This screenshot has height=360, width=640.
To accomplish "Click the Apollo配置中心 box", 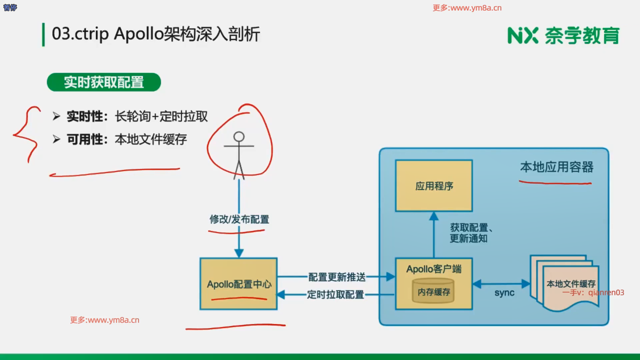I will (x=238, y=284).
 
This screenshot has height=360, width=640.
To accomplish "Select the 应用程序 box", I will (x=434, y=186).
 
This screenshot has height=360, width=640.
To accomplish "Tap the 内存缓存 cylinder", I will (x=434, y=291).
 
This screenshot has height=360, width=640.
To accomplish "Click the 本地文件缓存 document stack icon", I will (x=565, y=283).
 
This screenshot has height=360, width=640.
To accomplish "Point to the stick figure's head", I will (x=239, y=137).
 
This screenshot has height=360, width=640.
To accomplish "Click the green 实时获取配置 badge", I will (x=104, y=82).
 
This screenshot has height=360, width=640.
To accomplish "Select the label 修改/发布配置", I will (x=239, y=219).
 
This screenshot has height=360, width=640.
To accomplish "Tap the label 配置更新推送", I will (x=337, y=277).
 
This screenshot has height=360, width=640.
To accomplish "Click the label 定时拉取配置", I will (x=335, y=295).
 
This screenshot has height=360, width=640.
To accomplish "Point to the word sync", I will (x=504, y=293).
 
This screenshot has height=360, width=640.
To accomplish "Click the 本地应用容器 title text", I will (x=557, y=167).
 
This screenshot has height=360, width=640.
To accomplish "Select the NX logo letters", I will (x=523, y=36).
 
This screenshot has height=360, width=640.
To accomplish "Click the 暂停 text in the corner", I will (x=10, y=7).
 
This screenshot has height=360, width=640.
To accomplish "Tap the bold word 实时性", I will (x=85, y=116).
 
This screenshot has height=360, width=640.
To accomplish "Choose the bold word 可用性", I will (x=85, y=139).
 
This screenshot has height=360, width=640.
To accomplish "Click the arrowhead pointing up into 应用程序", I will (x=434, y=216).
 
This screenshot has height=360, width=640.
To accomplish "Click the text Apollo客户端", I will (x=434, y=269).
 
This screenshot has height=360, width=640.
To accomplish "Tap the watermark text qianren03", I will (x=606, y=293).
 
